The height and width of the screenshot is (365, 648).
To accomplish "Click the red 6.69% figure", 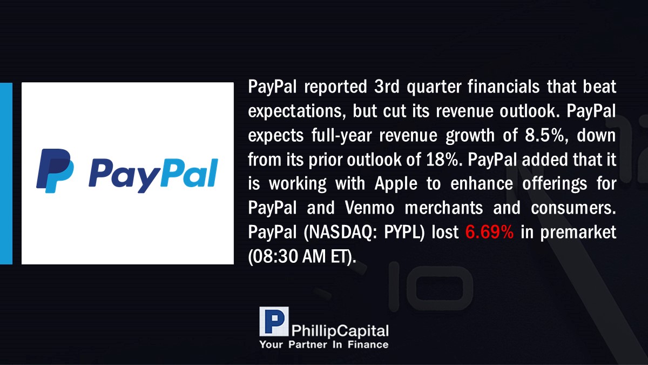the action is (489, 232).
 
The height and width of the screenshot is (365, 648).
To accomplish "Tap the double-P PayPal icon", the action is (55, 171).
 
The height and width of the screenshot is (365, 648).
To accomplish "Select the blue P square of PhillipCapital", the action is (274, 321).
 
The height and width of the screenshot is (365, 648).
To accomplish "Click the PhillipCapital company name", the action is (340, 331).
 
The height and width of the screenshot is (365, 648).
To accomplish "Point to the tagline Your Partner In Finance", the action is (324, 345).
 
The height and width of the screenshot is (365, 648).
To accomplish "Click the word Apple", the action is (396, 184).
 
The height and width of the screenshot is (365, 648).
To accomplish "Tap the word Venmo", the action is (370, 208).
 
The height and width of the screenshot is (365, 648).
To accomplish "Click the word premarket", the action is (578, 233).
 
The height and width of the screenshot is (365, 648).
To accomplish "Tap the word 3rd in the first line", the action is (387, 87).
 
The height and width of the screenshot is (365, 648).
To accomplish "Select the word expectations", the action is (297, 111).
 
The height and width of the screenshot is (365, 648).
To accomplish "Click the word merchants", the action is (444, 208).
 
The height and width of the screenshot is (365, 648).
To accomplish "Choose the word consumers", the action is (573, 208).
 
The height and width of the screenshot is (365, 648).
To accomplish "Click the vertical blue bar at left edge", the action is (6, 173).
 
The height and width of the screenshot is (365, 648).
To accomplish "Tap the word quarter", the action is (434, 87).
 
